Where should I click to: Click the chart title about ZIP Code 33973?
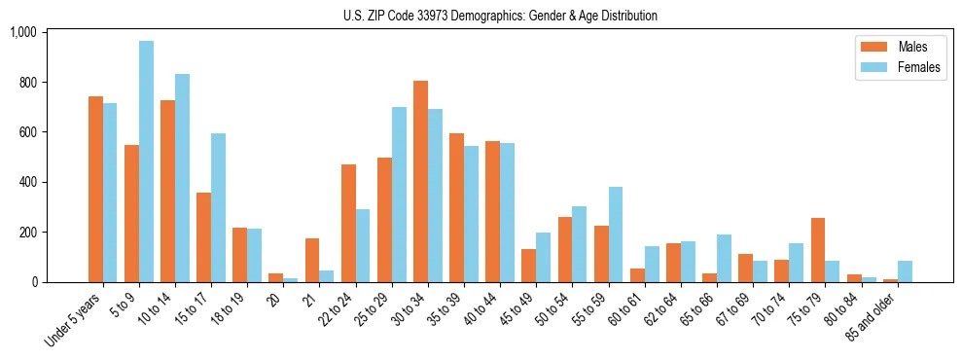pos(500,16)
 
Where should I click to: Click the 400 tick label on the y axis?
pos(26,182)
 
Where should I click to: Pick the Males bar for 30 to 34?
pos(420,181)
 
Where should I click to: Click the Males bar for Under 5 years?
pos(95,189)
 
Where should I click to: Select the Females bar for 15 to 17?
pos(218,207)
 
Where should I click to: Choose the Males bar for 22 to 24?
pos(348,223)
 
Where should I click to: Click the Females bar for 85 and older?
pos(905,271)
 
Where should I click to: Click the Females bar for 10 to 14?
pos(182,178)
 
